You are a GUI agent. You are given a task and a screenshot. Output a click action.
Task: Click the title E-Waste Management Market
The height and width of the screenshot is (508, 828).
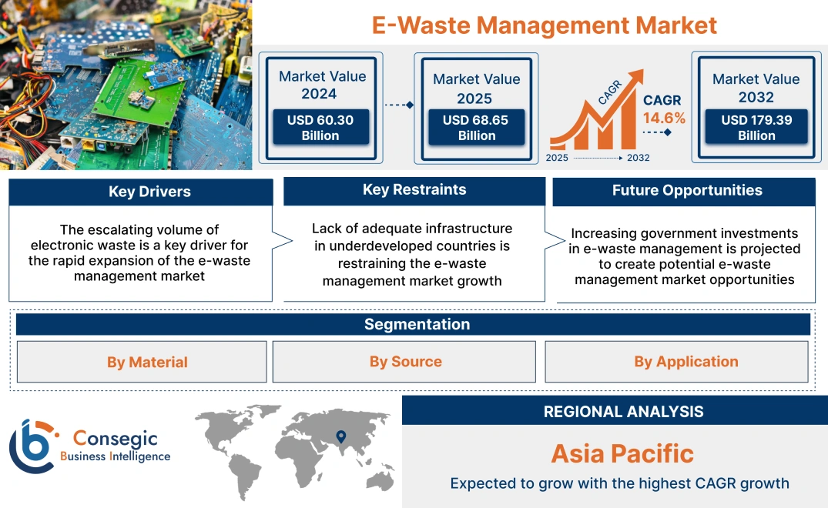coord(544,25)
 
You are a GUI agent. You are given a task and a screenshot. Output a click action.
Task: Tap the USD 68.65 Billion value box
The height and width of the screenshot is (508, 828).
coord(476,128)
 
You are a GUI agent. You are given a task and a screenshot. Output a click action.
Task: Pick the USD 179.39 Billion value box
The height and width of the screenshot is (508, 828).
coord(756,128)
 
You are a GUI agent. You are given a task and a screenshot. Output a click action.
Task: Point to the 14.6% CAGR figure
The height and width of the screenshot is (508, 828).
coord(664,119)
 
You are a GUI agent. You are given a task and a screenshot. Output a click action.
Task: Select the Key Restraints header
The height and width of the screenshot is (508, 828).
coord(414,190)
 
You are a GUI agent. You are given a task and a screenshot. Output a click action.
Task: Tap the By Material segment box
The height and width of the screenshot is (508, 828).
coord(147,362)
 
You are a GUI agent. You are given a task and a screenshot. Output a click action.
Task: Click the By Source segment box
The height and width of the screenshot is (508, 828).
coord(405,362)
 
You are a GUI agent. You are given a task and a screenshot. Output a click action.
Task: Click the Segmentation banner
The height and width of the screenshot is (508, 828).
coord(416,324)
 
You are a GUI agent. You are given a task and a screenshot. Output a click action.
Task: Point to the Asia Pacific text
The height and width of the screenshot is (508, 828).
coord(622,453)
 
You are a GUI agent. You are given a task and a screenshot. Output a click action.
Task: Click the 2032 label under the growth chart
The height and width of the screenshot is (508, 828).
coord(638,158)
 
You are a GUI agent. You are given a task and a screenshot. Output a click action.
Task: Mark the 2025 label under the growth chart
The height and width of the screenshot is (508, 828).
coord(558,158)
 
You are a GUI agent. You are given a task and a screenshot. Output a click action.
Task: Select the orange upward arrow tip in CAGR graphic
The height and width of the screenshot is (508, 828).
coord(639,75)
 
